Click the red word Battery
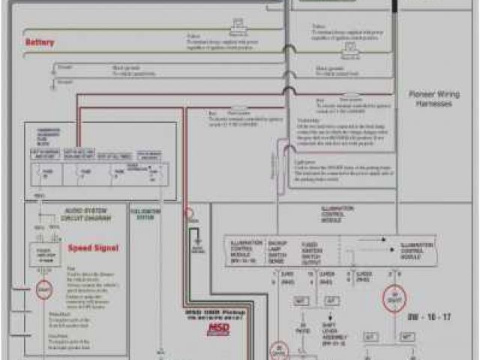pyautogui.click(x=40, y=43)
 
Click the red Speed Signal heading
pyautogui.click(x=93, y=247)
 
